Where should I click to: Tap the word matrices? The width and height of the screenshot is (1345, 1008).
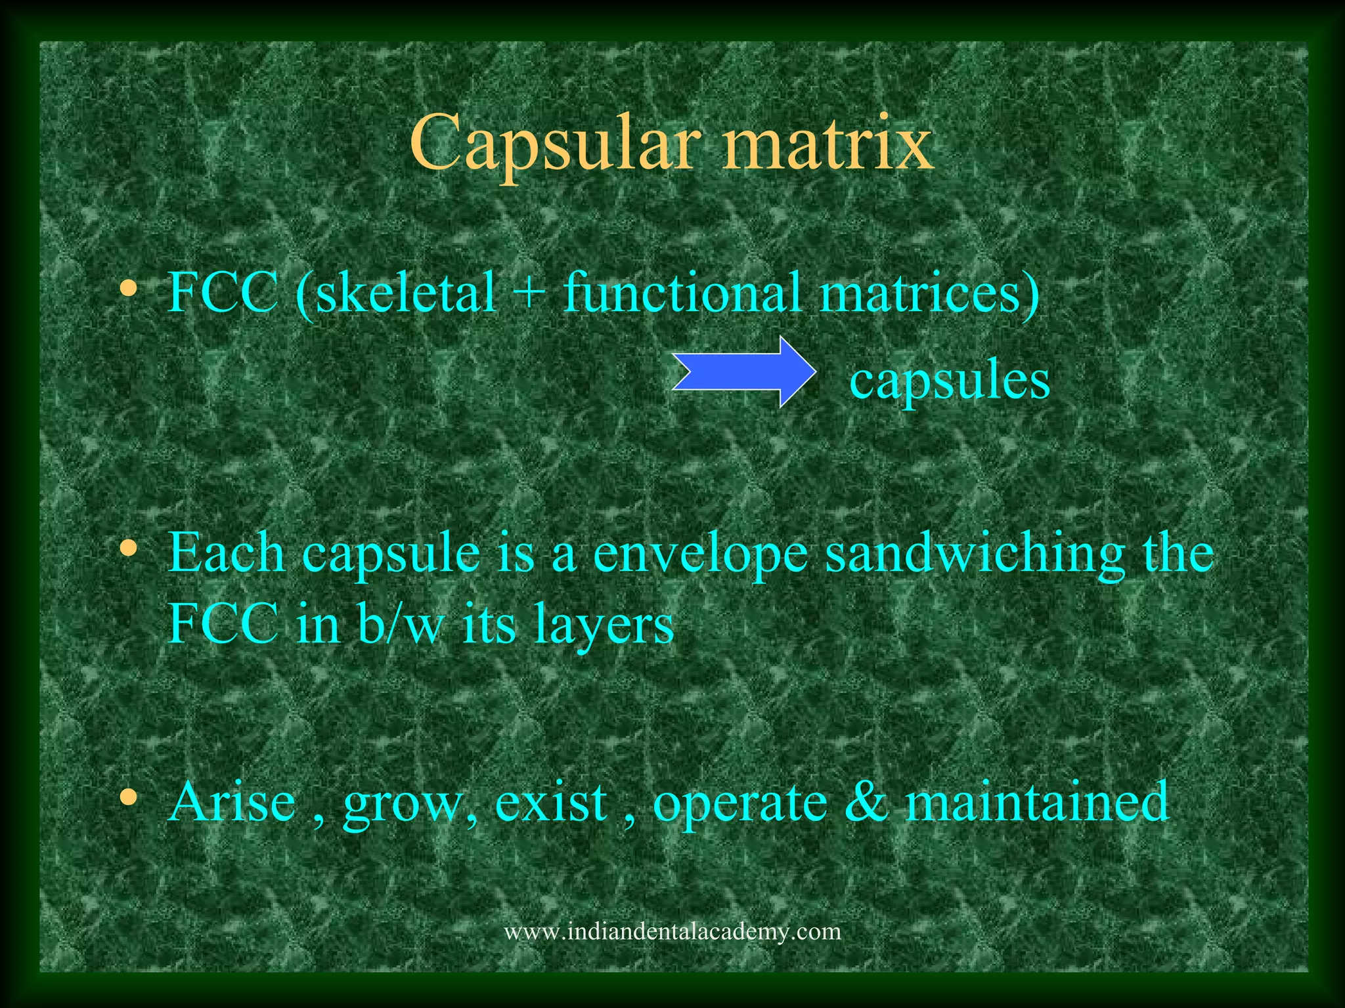click(929, 292)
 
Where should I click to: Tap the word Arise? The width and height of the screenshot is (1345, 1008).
click(232, 802)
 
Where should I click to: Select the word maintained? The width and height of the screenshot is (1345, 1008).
click(1037, 802)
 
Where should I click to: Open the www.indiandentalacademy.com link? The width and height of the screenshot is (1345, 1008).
click(672, 931)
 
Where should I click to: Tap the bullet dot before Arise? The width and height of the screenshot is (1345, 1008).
click(129, 797)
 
